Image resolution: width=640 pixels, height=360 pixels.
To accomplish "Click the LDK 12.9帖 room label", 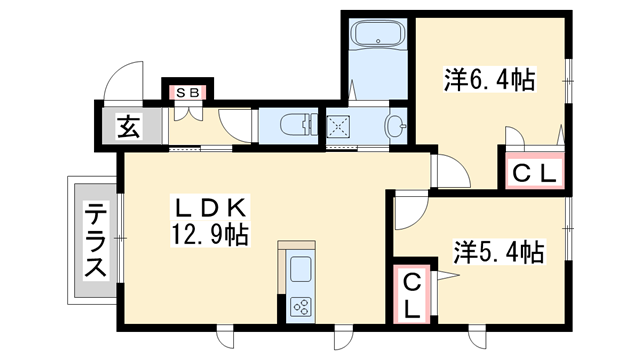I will [211, 222].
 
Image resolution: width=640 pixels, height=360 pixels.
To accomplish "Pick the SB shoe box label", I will [187, 93].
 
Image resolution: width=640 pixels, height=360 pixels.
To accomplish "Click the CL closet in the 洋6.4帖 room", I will [534, 173].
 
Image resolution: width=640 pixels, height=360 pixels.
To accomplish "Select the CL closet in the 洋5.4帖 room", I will [412, 295].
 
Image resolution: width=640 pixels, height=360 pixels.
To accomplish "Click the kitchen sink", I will [301, 269].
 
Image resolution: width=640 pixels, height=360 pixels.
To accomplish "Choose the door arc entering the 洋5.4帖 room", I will [408, 211].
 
